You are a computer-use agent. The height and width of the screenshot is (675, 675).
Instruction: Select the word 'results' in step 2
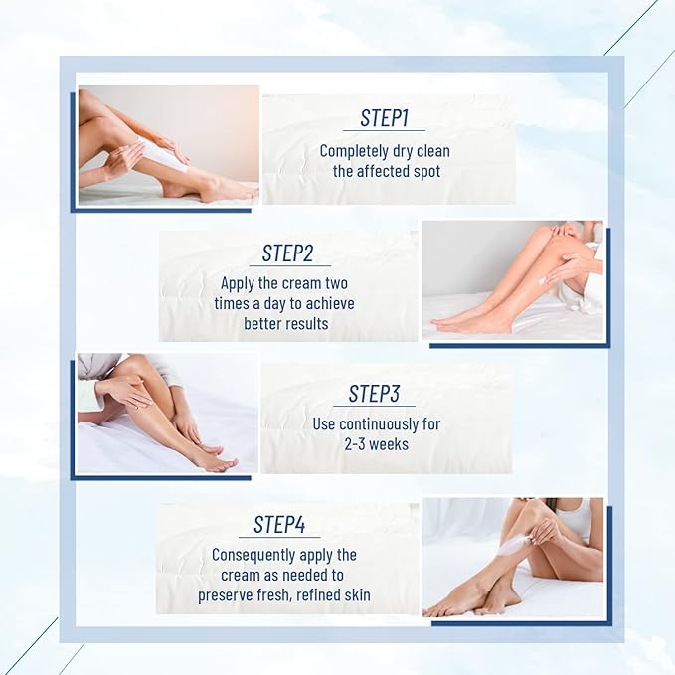pos(306,324)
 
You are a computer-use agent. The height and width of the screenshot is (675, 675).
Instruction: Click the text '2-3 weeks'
pos(374,443)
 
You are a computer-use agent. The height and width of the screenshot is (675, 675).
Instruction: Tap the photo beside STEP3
pos(167,413)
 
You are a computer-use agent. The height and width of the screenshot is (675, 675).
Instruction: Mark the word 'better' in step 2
pos(263,324)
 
